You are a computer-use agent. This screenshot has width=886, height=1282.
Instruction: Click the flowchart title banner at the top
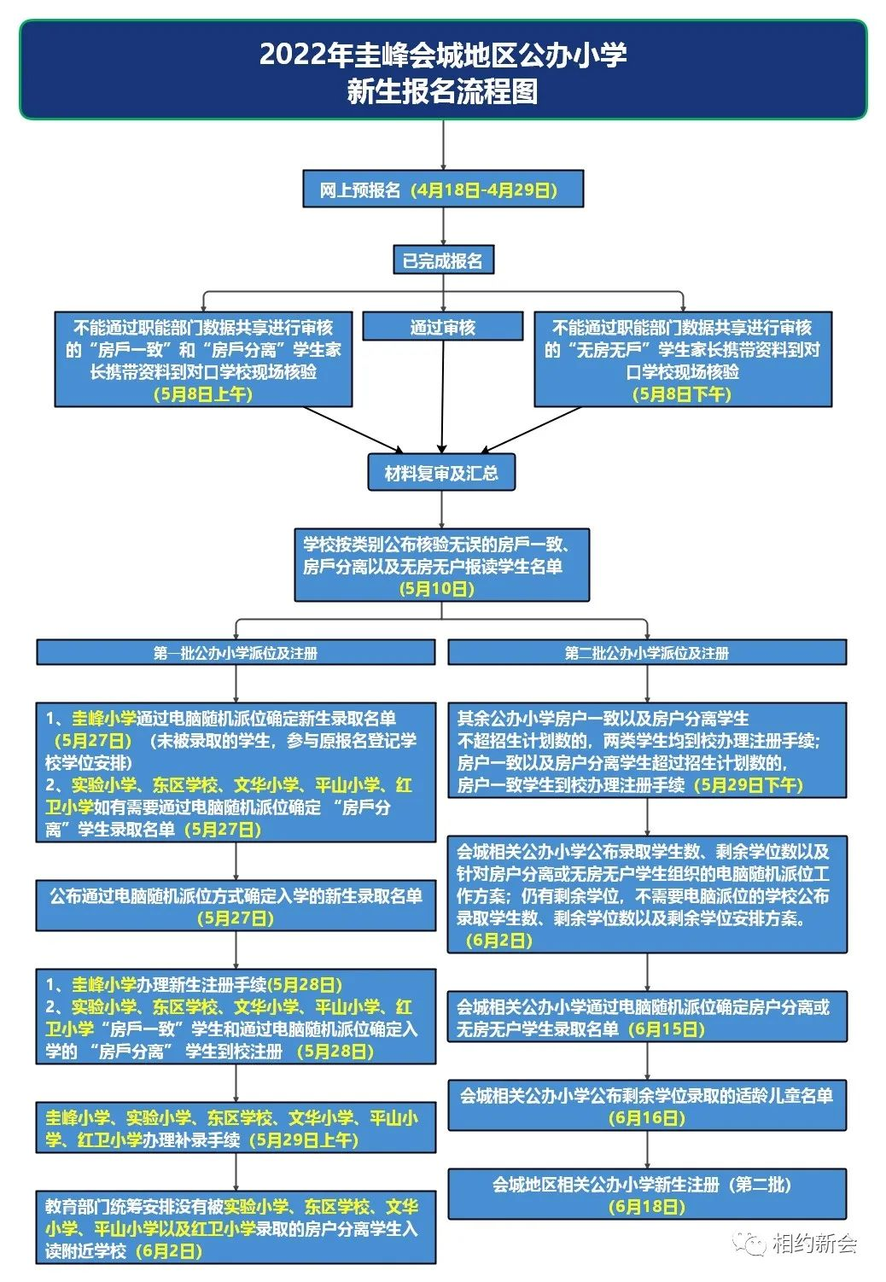coord(443,70)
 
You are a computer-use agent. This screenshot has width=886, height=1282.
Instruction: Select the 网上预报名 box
coord(443,189)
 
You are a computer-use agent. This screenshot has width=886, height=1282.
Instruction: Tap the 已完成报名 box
coord(443,260)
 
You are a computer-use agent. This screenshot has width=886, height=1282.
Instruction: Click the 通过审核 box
coord(442,327)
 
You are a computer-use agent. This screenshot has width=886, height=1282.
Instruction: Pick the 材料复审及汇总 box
coord(441,473)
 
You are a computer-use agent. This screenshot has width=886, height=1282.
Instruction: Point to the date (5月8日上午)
coord(203,394)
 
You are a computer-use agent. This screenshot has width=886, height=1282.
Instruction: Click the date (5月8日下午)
coord(682,394)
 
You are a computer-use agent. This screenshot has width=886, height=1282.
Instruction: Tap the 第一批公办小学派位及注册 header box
coord(236,653)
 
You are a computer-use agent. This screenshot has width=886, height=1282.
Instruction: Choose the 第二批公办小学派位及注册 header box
coord(647,653)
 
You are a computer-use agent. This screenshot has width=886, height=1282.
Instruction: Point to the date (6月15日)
coord(667,1029)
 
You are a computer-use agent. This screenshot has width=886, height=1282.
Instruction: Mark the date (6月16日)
coord(647,1118)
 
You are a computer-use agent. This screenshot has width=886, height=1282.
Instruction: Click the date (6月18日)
coord(647,1207)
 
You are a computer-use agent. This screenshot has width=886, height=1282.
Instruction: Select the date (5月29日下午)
coord(749,785)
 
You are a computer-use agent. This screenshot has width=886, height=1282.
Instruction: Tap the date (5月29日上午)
coord(304,1140)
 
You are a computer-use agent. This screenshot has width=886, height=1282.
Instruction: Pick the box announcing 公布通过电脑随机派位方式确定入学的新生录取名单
coord(236,906)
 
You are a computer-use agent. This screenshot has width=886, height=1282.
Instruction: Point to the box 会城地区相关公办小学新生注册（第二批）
coord(647,1194)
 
